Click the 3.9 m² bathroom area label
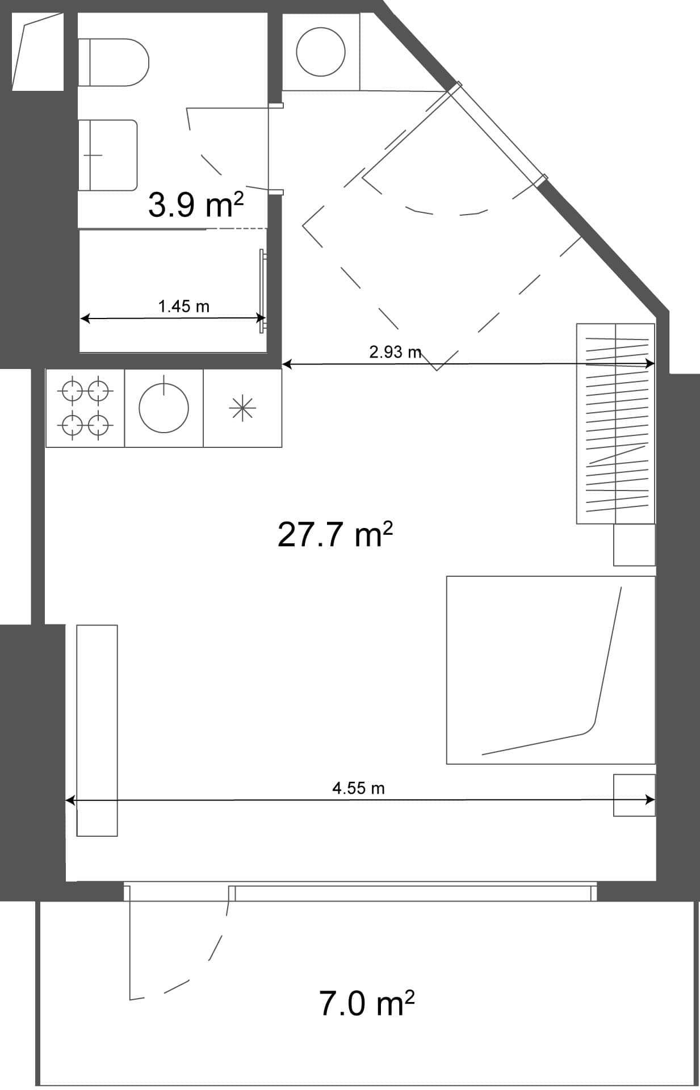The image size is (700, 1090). click(195, 205)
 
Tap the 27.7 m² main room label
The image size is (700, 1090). click(335, 535)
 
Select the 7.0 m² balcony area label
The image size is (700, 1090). click(366, 1003)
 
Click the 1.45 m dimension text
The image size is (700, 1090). click(183, 307)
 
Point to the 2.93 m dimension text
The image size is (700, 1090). click(395, 353)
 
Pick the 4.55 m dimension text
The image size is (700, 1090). click(358, 789)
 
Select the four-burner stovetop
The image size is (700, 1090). click(85, 408)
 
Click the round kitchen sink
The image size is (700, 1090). click(164, 408)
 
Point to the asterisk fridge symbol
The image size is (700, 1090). click(242, 408)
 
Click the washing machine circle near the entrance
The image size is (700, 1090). click(321, 52)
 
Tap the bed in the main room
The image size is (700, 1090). click(550, 670)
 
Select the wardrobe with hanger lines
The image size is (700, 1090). click(616, 423)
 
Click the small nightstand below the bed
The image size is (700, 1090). click(634, 795)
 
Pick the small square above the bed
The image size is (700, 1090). click(634, 545)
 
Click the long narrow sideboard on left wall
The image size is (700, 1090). click(97, 730)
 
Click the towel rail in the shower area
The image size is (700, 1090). click(262, 291)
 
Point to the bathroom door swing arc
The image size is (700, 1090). click(213, 165)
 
